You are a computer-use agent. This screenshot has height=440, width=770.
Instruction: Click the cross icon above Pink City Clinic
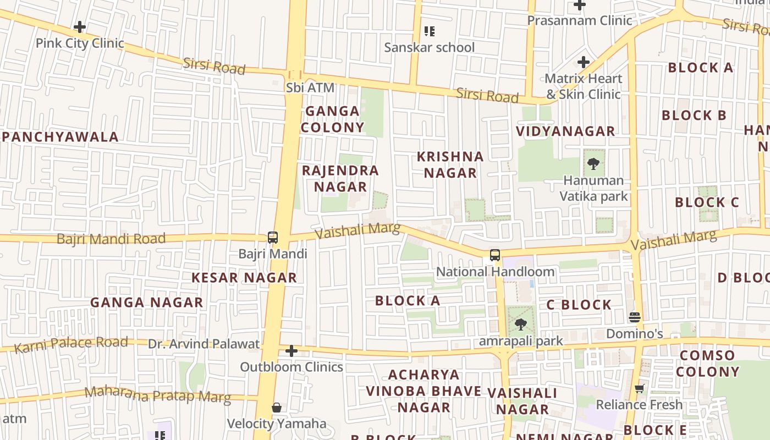pyautogui.click(x=80, y=26)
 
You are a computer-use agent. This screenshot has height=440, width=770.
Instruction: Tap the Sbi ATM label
pyautogui.click(x=310, y=87)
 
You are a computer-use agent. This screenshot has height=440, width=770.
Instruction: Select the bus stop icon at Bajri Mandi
pyautogui.click(x=273, y=238)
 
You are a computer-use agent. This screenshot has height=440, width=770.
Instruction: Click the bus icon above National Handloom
pyautogui.click(x=495, y=255)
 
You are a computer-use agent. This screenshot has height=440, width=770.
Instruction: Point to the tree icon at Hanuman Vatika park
pyautogui.click(x=593, y=163)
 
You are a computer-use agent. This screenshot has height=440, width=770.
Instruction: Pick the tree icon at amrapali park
pyautogui.click(x=520, y=324)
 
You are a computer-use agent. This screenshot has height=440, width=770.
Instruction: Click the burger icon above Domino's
pyautogui.click(x=635, y=317)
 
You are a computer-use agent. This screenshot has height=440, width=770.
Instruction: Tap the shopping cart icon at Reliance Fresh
pyautogui.click(x=639, y=389)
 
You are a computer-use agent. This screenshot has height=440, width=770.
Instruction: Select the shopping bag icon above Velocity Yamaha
pyautogui.click(x=277, y=408)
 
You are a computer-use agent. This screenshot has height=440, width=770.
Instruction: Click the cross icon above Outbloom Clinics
pyautogui.click(x=291, y=350)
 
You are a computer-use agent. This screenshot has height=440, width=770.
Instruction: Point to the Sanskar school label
pyautogui.click(x=429, y=47)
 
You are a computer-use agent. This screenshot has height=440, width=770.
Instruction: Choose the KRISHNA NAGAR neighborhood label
pyautogui.click(x=450, y=164)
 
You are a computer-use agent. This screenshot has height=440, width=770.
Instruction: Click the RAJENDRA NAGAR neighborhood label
pyautogui.click(x=340, y=178)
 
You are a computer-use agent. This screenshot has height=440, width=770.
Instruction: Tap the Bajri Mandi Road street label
pyautogui.click(x=111, y=239)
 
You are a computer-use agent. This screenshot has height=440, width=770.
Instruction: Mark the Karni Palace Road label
pyautogui.click(x=71, y=345)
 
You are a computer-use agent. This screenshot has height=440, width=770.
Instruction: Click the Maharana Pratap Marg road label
pyautogui.click(x=157, y=395)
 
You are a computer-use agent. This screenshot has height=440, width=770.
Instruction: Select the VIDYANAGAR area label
pyautogui.click(x=565, y=131)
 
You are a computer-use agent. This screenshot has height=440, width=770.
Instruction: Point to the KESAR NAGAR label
pyautogui.click(x=244, y=277)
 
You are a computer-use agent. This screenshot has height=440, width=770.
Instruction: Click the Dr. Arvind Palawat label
pyautogui.click(x=204, y=344)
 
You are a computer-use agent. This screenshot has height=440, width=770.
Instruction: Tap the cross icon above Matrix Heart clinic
pyautogui.click(x=584, y=62)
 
